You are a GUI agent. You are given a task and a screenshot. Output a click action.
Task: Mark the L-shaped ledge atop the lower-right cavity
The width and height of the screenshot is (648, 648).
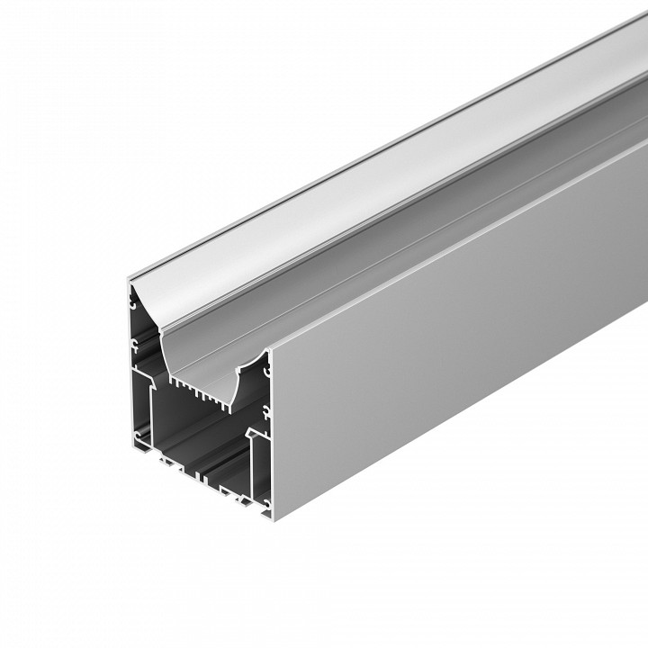[256, 436]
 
